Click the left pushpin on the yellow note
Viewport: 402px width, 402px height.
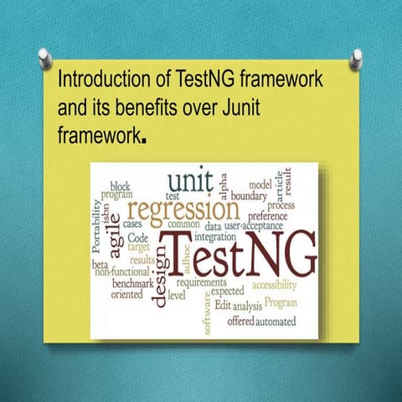click(44, 57)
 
